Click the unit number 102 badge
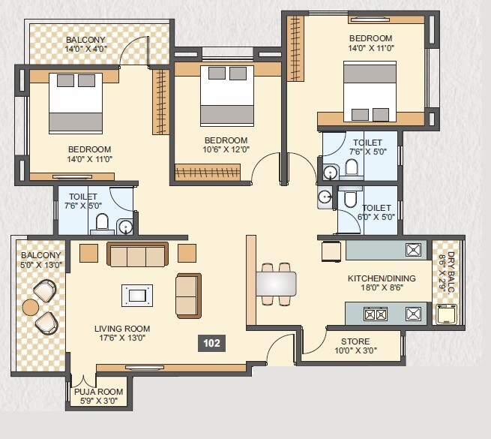[211, 343]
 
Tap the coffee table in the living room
[137, 295]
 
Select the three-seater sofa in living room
[138, 255]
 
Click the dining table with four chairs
[275, 284]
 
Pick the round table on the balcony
[31, 307]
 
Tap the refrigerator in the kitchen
[332, 251]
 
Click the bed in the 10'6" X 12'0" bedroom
[226, 97]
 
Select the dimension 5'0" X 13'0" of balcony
[42, 264]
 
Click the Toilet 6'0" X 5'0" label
[376, 212]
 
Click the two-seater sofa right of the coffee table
[188, 295]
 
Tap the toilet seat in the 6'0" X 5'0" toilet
[349, 199]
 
